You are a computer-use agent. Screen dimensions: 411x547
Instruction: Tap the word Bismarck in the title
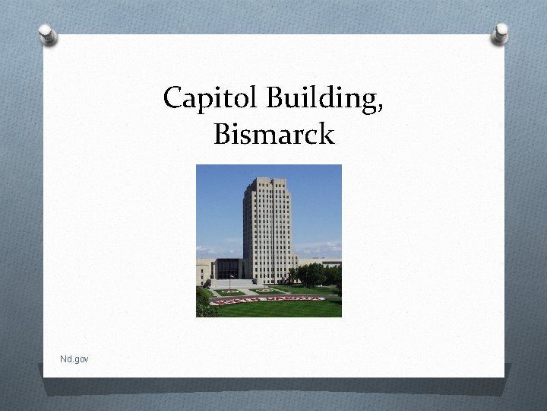(273, 135)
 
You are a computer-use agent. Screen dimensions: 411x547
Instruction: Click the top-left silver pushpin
(48, 34)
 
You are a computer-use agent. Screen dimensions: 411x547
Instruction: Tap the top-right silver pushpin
(501, 33)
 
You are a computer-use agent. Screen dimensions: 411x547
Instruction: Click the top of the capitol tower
(268, 181)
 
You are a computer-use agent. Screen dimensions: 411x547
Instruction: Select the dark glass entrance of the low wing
(228, 269)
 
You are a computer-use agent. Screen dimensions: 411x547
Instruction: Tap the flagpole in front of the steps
(231, 273)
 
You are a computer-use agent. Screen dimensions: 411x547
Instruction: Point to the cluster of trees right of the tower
(312, 273)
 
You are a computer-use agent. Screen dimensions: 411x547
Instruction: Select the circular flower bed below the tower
(267, 290)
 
